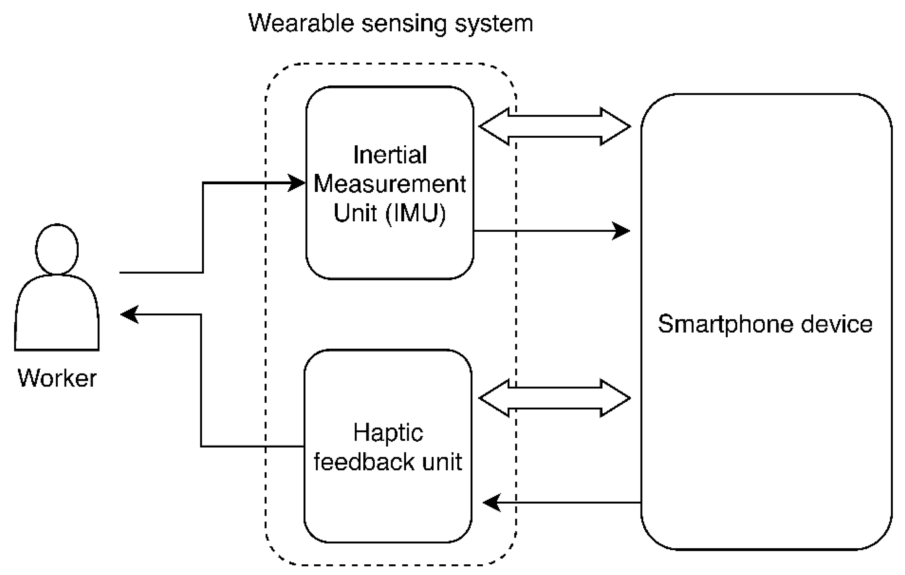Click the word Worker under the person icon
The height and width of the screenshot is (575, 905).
(57, 378)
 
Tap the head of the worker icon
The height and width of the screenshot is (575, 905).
(57, 249)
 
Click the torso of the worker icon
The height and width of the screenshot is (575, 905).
(57, 313)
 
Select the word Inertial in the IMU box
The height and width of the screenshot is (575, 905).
(390, 155)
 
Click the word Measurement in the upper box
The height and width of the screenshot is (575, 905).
(390, 184)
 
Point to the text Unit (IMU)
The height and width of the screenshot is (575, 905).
(390, 213)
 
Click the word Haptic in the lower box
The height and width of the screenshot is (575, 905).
(388, 433)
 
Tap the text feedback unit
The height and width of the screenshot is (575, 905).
(388, 461)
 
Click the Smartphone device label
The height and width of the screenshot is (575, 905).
(765, 324)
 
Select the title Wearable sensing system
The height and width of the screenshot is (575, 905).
(390, 23)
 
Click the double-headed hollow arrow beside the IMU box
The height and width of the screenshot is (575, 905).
(554, 127)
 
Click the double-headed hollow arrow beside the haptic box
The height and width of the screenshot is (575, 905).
(554, 398)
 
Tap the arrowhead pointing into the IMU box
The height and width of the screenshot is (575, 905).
(297, 183)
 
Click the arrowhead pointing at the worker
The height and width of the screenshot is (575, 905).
(129, 314)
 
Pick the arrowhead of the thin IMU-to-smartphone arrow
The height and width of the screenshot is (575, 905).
(621, 231)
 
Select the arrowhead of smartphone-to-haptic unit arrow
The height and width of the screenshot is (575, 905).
(492, 502)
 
